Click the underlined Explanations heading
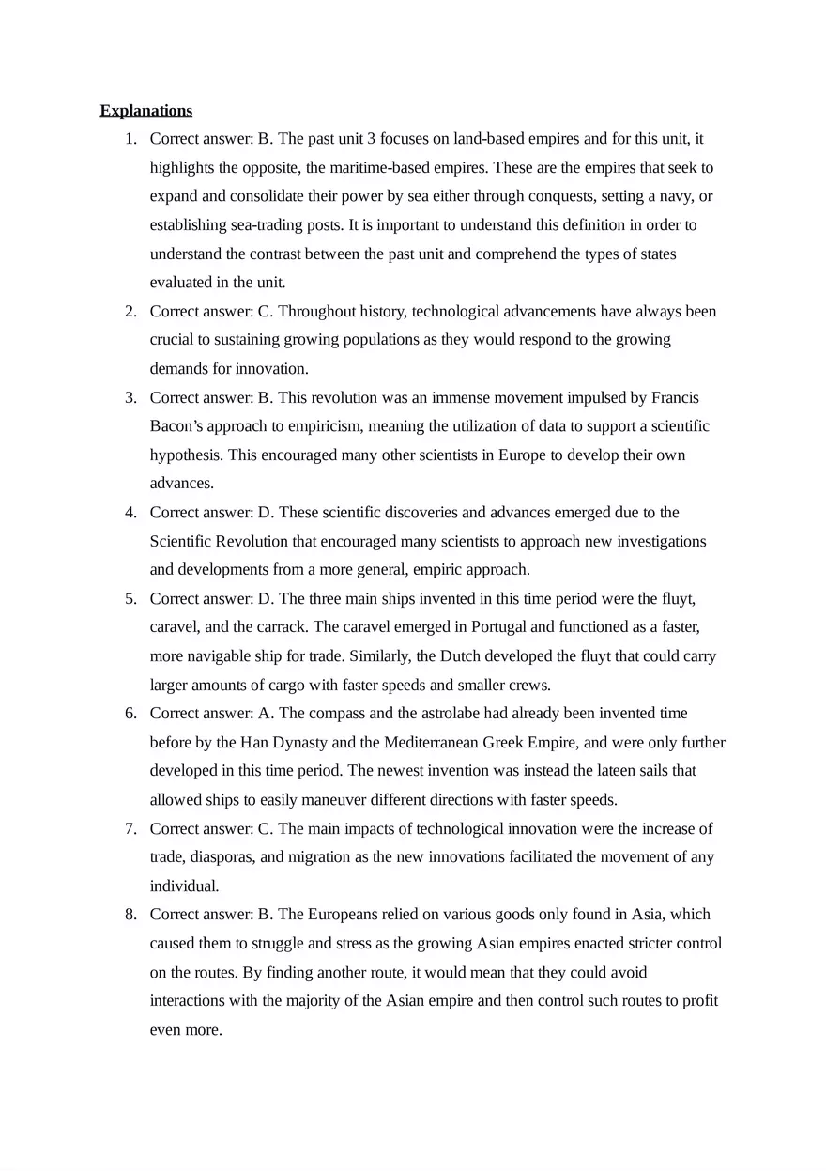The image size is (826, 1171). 145,111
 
